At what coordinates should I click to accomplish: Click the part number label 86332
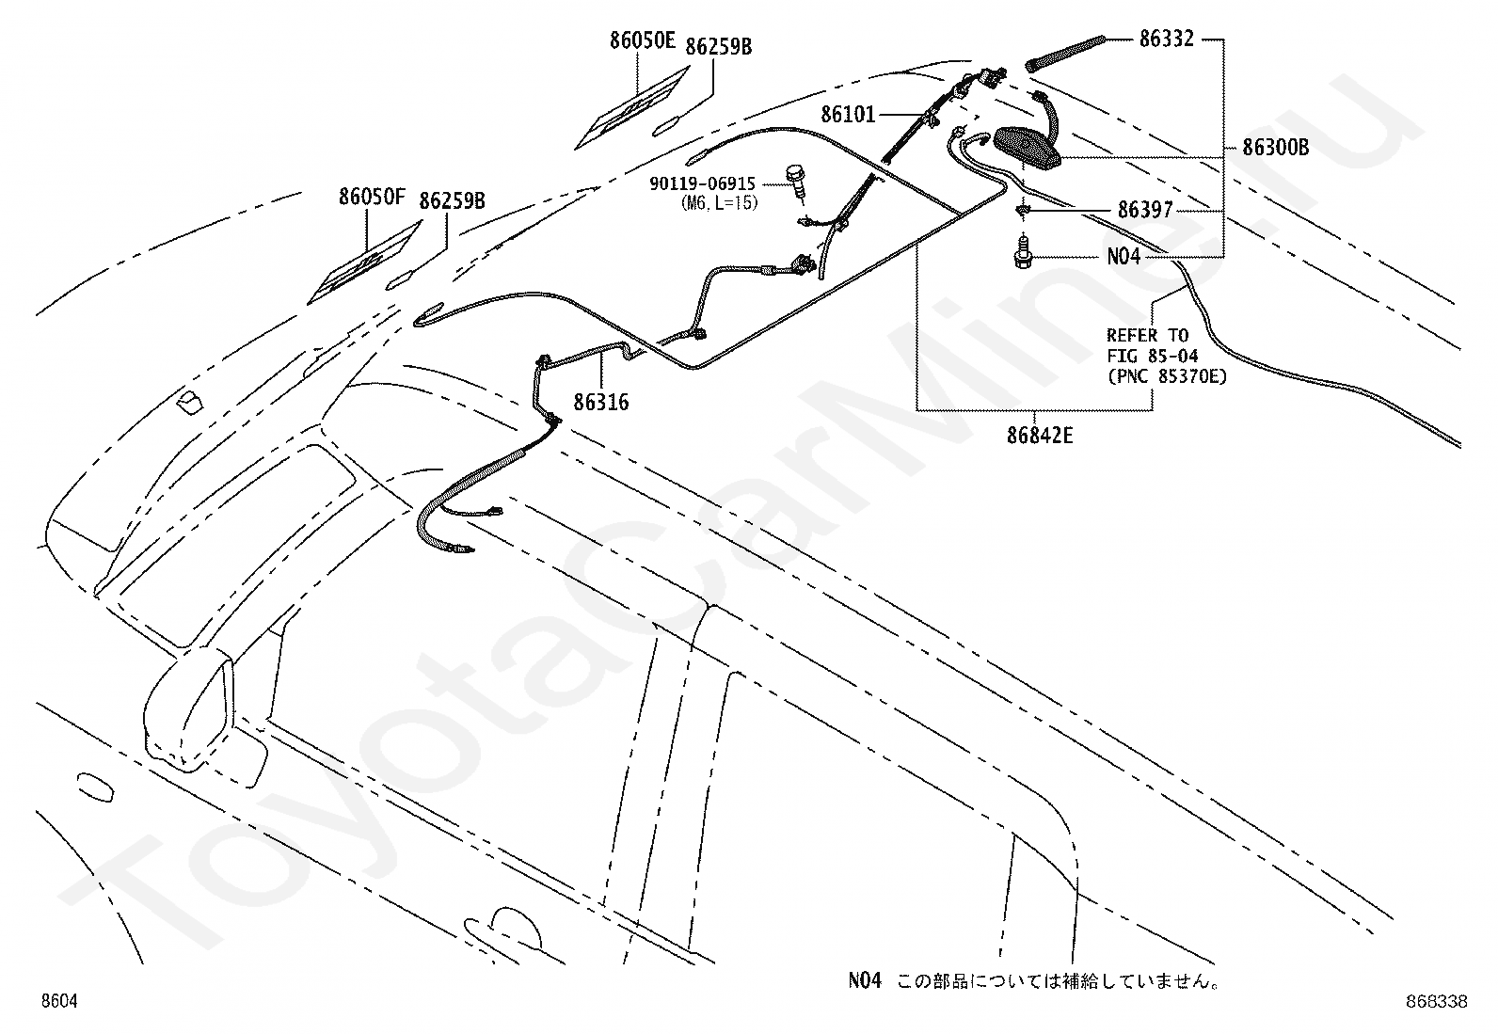click(x=1166, y=39)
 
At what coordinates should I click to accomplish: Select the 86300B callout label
click(x=1275, y=147)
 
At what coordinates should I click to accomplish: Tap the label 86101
click(x=848, y=115)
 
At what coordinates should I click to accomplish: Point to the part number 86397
click(x=1145, y=210)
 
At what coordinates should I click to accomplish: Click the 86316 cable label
click(x=601, y=402)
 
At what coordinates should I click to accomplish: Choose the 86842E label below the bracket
click(x=1040, y=436)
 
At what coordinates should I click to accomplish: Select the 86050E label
click(x=643, y=40)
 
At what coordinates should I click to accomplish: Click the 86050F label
click(x=372, y=197)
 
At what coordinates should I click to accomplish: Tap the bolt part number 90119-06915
click(x=702, y=183)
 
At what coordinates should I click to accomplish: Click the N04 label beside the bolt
click(x=1123, y=256)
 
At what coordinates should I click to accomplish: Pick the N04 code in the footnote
click(x=865, y=980)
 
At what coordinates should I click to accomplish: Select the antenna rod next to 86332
click(x=1064, y=54)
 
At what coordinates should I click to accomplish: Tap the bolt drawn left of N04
click(x=1022, y=251)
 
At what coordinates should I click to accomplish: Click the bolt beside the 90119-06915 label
click(x=796, y=180)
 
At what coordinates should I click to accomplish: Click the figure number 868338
click(x=1437, y=1001)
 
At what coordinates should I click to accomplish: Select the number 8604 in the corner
click(x=59, y=1000)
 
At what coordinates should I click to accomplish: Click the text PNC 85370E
click(x=1167, y=376)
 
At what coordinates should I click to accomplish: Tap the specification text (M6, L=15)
click(x=720, y=202)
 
